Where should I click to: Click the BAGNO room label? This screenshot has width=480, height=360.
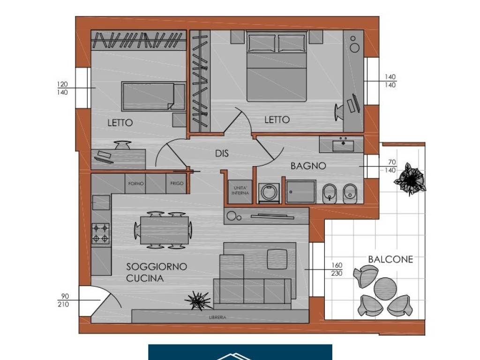tap(308, 165)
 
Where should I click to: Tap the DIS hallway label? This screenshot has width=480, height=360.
tap(222, 153)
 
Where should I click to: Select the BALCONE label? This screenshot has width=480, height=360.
tap(390, 259)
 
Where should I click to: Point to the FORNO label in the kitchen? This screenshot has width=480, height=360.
tap(136, 184)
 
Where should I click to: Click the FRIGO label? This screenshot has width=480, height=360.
tap(177, 184)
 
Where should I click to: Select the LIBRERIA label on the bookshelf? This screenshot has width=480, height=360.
tap(217, 317)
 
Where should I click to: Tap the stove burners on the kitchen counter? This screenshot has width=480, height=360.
tap(101, 233)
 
